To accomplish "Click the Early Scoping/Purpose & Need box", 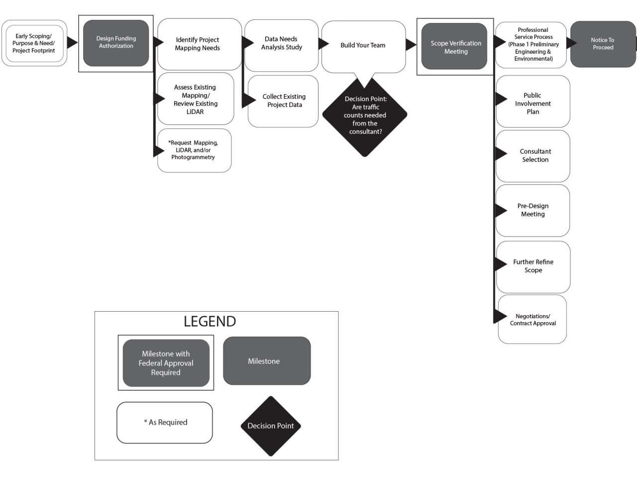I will [34, 43].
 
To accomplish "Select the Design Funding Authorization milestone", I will [116, 43].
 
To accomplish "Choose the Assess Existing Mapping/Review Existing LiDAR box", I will [196, 99].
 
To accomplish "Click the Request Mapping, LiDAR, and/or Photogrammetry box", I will [194, 150].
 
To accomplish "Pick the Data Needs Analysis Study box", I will [282, 43].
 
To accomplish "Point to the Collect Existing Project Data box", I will [284, 101].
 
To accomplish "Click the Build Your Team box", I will [363, 45].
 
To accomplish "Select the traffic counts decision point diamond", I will [365, 116].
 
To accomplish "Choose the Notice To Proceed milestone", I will [603, 44].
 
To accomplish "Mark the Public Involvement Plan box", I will [533, 103].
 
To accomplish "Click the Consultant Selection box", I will [533, 156].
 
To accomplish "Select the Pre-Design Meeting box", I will [533, 210].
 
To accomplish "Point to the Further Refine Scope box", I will [533, 266].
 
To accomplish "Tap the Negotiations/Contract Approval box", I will [532, 320].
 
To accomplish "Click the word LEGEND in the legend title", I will [210, 322].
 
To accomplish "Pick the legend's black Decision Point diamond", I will [271, 426].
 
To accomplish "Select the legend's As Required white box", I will [165, 422].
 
